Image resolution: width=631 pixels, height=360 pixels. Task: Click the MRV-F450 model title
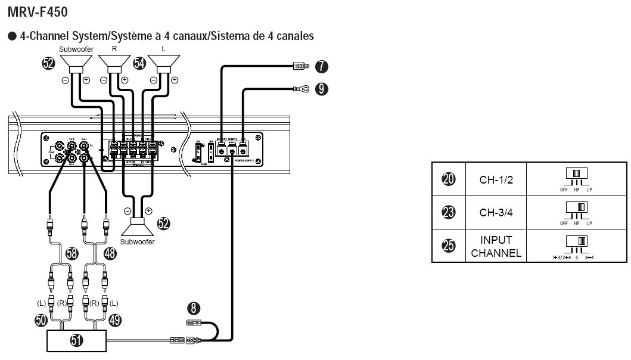[x=38, y=11]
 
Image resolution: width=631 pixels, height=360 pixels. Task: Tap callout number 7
[x=321, y=67]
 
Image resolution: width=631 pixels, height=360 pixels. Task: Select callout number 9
[x=321, y=89]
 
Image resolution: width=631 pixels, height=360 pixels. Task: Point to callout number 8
[x=192, y=309]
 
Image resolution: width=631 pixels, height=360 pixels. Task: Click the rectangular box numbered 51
[x=77, y=340]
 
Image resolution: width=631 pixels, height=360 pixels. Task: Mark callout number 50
[x=41, y=320]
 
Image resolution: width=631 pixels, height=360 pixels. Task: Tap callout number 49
[x=115, y=320]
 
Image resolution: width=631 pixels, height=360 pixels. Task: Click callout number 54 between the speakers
[x=139, y=64]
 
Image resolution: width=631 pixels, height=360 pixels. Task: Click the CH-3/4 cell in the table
[x=496, y=212]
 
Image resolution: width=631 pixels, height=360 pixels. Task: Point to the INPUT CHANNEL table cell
[x=496, y=246]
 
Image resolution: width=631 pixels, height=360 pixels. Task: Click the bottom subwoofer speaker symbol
[x=138, y=227]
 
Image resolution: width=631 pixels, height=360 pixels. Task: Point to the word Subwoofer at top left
[x=76, y=48]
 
